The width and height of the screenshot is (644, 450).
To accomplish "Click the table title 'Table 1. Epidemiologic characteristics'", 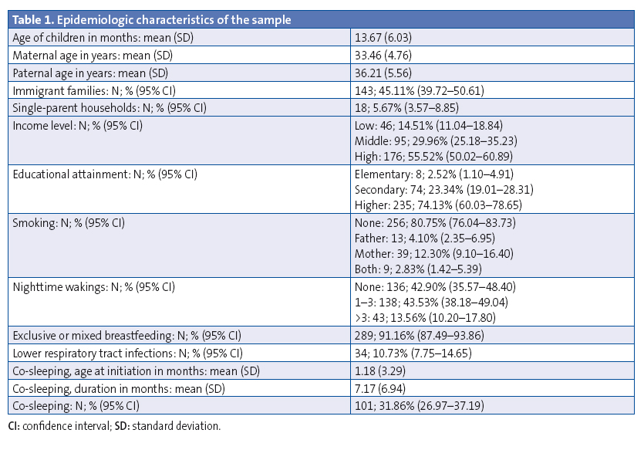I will pos(151,20).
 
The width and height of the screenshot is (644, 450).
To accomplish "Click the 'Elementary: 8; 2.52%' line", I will pos(432,174).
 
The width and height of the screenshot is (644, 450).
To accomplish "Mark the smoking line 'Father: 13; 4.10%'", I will pos(423,239).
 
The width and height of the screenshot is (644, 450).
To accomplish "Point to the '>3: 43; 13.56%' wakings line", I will pos(420,316).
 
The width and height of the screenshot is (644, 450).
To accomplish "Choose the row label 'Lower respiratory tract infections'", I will pos(128,354).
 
